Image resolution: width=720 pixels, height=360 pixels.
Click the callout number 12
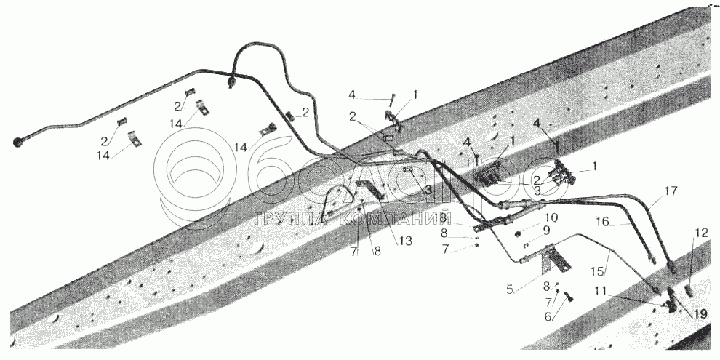700,233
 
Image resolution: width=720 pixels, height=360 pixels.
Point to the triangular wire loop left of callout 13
336,200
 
